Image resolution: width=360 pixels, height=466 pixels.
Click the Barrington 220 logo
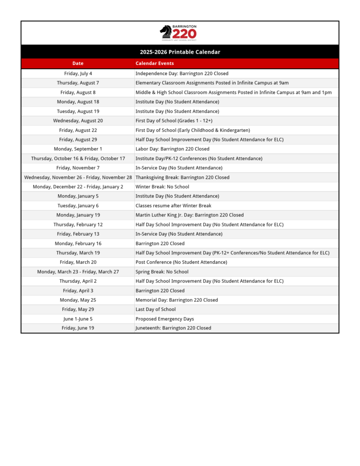pos(178,33)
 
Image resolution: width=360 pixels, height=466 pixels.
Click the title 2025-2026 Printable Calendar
pos(180,52)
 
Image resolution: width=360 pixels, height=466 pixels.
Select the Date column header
pos(78,63)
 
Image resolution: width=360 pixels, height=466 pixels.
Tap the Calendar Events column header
pos(155,63)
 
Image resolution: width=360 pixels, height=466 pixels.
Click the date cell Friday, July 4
pos(78,73)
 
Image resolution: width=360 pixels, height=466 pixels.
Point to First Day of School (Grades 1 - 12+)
pos(174,121)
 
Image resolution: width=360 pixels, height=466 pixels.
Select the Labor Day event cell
pos(172,149)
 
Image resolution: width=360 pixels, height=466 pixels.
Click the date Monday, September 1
pos(78,149)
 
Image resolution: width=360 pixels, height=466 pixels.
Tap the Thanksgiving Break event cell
pos(183,177)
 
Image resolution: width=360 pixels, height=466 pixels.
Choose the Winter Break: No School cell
pos(162,187)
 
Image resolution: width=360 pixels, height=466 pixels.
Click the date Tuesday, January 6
pos(78,206)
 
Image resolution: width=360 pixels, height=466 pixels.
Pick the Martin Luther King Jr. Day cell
pos(189,215)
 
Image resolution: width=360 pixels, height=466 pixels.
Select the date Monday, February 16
pos(78,243)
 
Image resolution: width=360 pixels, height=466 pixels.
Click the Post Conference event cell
pos(181,262)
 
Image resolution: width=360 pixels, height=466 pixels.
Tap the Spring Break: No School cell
pos(162,272)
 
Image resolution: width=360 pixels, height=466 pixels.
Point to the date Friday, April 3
pos(78,290)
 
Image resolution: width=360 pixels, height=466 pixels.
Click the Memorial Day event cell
pos(177,300)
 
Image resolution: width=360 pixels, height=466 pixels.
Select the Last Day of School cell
pos(156,309)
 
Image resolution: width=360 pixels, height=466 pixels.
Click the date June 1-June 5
pos(78,319)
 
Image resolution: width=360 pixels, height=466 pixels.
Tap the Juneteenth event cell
pos(173,328)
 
